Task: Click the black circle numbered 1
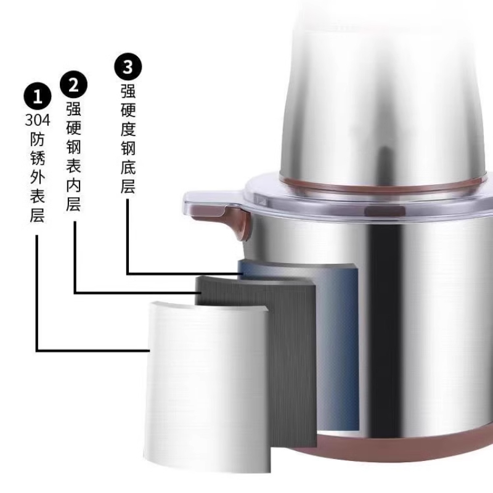(x=38, y=96)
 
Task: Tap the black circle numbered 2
(x=73, y=84)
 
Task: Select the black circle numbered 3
(x=128, y=67)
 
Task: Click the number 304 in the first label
(x=38, y=120)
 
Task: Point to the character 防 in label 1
(x=38, y=139)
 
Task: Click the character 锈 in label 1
(x=38, y=157)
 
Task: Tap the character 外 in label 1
(x=38, y=176)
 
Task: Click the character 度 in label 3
(x=128, y=129)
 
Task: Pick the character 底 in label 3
(x=128, y=166)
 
